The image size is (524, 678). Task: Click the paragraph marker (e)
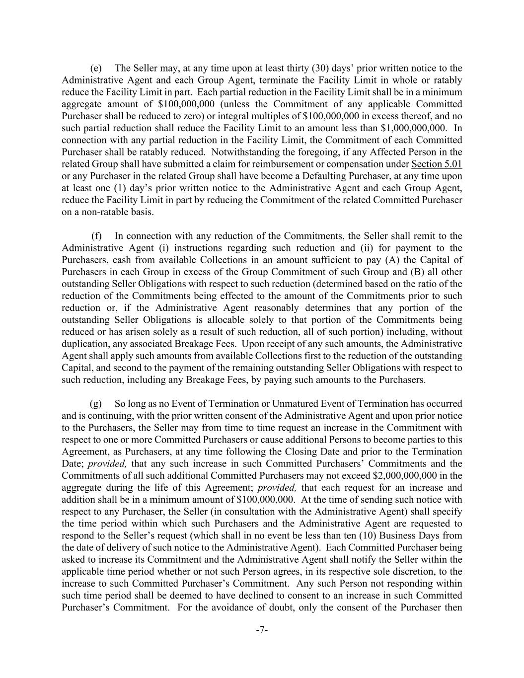(96, 69)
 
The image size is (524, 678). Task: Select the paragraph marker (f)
(97, 236)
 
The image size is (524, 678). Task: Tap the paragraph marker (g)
(96, 404)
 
